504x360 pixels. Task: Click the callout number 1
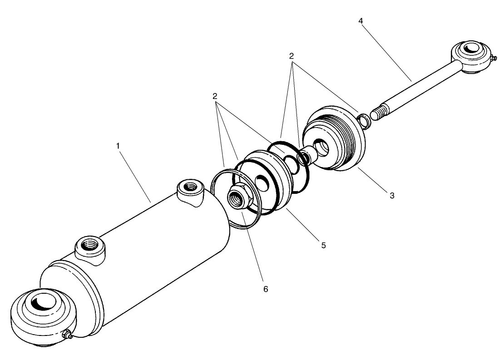coord(118,146)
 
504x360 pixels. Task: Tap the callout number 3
coord(391,196)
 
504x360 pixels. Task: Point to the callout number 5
coord(323,245)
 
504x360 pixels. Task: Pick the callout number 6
coord(266,289)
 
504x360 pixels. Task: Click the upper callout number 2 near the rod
coord(292,56)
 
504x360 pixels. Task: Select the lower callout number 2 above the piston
coord(214,96)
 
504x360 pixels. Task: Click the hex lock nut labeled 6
coord(238,198)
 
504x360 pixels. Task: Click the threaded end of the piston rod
coord(380,111)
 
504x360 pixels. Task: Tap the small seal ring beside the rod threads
coord(364,121)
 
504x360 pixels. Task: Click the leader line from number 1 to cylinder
coord(134,175)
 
